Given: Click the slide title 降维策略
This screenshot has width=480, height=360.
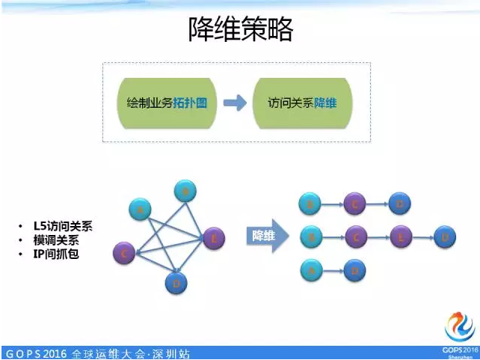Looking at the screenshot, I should coord(240,29).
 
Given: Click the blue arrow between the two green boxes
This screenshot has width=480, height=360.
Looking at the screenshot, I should coord(235,103).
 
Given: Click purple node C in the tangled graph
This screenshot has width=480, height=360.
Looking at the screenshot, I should coord(124,254).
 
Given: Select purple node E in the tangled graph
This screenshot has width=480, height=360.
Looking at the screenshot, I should coord(213,238).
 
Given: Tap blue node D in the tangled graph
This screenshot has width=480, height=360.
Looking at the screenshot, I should coord(176,283).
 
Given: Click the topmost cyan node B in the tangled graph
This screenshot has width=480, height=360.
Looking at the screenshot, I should coord(185,192).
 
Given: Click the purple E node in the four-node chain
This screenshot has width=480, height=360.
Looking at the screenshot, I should coord(401,237).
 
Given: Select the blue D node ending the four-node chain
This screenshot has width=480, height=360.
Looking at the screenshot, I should coord(445,237).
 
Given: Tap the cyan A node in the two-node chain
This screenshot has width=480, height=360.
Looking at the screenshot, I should coord(310,270).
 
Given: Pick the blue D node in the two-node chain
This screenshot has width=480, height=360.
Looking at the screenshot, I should coord(354,270).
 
